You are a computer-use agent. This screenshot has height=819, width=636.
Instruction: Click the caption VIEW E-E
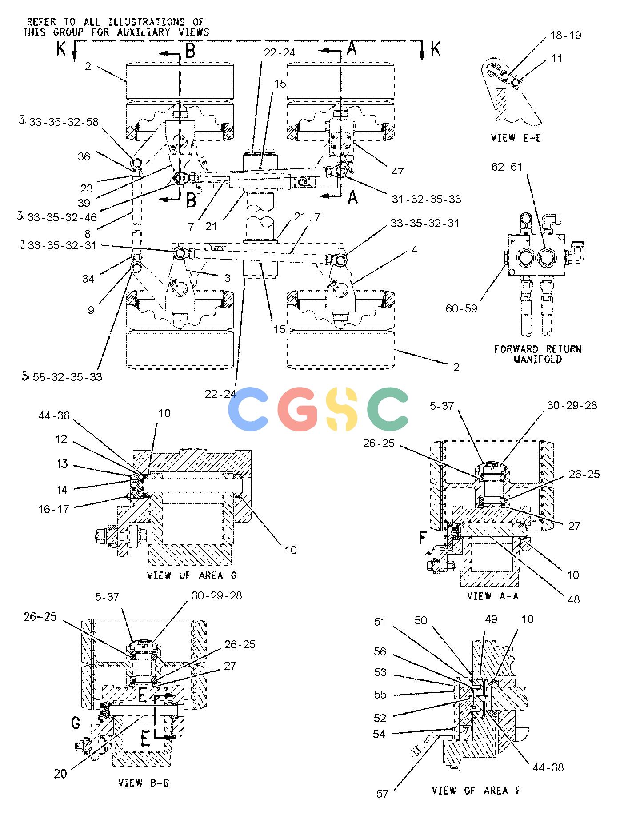click(516, 138)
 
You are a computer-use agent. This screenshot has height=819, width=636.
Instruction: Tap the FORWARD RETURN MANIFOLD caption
click(538, 354)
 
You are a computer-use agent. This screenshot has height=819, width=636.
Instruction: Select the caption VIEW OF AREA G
click(192, 575)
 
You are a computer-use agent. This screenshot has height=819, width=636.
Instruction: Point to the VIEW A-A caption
click(492, 595)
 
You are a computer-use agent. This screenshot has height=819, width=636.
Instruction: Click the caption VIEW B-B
click(144, 782)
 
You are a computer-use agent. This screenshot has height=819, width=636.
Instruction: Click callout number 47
click(397, 172)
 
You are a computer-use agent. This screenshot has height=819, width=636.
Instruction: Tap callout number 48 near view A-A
click(574, 599)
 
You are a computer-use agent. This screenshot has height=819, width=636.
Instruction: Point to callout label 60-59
click(461, 308)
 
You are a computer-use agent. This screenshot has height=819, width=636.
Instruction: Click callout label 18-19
click(566, 35)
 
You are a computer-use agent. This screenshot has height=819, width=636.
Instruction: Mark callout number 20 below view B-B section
click(60, 774)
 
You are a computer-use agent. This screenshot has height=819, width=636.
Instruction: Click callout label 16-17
click(54, 509)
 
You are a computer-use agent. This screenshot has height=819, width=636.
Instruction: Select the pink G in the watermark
click(297, 409)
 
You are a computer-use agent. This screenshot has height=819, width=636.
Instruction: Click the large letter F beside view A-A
click(423, 538)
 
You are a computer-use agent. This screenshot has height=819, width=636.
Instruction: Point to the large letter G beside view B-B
click(76, 723)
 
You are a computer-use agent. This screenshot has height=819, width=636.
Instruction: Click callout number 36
click(84, 156)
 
